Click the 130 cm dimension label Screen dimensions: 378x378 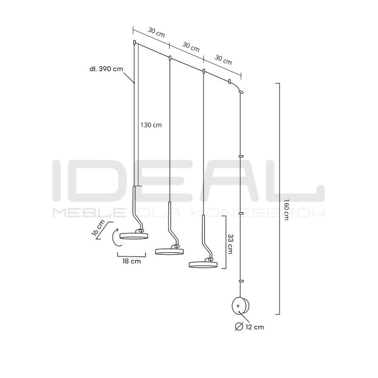[151, 125]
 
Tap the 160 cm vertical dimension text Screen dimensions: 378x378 [286, 209]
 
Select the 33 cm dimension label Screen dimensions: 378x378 [230, 244]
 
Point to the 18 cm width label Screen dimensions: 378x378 [131, 261]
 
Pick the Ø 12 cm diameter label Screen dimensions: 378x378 [249, 327]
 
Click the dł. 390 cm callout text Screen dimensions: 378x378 [106, 69]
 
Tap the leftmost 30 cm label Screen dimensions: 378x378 [156, 32]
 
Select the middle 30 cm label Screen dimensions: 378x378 [191, 47]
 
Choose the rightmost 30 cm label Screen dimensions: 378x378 [223, 60]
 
